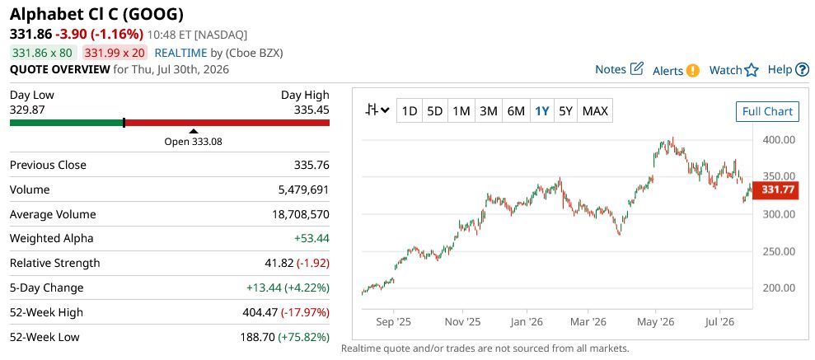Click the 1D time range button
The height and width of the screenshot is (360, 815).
coord(410,110)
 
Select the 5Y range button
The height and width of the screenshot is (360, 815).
coord(565,110)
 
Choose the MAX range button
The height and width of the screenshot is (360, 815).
coord(595,110)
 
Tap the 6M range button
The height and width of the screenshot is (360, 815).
coord(516,110)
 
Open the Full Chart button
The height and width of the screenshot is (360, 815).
coord(767,111)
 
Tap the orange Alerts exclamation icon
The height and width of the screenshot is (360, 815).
coord(692,70)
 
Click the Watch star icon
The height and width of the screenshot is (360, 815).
coord(752,70)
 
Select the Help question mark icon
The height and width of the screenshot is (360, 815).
coord(803,69)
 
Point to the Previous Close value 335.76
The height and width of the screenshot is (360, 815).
coord(311,166)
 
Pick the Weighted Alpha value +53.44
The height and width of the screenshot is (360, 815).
coord(311,239)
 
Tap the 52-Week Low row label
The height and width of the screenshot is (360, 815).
coord(44,337)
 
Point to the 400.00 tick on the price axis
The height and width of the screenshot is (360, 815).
coord(779,140)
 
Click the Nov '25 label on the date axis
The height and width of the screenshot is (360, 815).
coord(462,322)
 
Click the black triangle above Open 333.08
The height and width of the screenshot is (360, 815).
coord(194,132)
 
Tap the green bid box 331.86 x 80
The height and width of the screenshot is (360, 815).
coord(43,53)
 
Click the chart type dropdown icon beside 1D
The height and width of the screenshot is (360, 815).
coord(377,110)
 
